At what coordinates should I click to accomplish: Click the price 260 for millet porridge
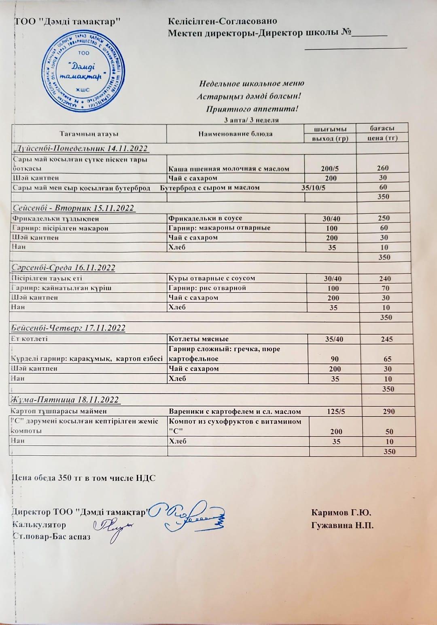382,168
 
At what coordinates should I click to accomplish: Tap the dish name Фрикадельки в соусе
205,219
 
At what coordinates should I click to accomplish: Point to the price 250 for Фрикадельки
384,218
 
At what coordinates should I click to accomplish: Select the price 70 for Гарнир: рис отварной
385,288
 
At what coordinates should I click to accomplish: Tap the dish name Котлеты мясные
199,339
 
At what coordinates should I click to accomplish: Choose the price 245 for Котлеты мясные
387,339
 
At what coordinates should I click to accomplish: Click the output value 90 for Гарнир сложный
335,359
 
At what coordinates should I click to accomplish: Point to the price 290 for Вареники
388,412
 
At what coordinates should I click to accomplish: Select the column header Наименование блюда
235,134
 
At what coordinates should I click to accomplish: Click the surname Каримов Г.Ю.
341,513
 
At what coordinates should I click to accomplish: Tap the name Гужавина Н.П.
342,526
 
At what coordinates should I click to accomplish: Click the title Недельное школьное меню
251,84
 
